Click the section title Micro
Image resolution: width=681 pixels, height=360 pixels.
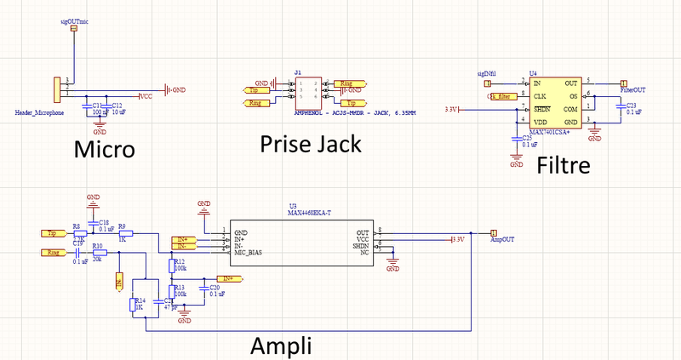[104, 150]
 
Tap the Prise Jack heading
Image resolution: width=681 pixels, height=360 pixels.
[310, 144]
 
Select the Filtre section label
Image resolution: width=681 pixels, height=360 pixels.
[564, 165]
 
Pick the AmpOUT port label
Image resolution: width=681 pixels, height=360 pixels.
[503, 240]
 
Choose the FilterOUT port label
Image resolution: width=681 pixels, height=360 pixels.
[632, 89]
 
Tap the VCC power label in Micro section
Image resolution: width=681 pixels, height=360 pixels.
[146, 96]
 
